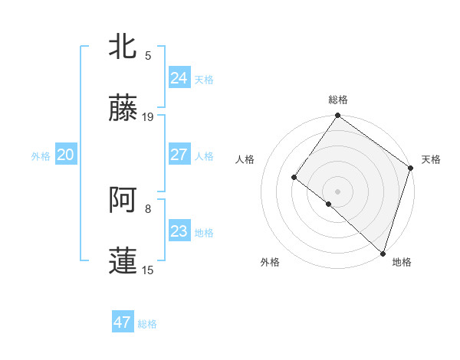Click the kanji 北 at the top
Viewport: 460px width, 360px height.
tap(123, 47)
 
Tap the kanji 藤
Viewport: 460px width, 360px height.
tap(123, 109)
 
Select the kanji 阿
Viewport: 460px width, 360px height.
tap(123, 200)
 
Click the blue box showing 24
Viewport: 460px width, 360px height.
tap(179, 77)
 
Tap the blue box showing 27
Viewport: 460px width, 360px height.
tap(179, 155)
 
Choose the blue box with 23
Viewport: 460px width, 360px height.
tap(179, 231)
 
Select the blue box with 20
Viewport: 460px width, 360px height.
tap(65, 155)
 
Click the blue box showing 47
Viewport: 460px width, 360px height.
tap(123, 322)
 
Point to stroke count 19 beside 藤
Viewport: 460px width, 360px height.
tap(148, 117)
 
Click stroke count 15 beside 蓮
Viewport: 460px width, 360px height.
tap(148, 270)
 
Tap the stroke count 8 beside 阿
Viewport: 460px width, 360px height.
tap(148, 208)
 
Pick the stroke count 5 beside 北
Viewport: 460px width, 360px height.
tap(148, 55)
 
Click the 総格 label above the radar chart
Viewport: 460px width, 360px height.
tap(338, 100)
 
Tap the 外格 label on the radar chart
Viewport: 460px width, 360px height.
tap(270, 262)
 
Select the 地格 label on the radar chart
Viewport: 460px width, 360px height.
tap(402, 262)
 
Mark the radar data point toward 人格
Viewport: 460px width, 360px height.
tap(294, 178)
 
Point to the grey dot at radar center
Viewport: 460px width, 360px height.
tap(337, 191)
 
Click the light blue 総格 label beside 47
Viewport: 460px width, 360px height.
tap(148, 324)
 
